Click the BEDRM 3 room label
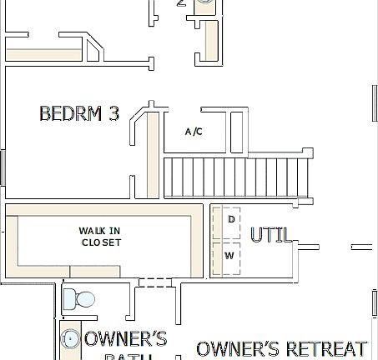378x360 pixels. click(78, 114)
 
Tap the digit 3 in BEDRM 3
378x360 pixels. click(112, 114)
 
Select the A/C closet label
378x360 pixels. click(194, 132)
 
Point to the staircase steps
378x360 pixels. click(237, 176)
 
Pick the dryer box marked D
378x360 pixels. click(230, 220)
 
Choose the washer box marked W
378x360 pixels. click(229, 255)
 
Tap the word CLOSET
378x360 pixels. click(101, 242)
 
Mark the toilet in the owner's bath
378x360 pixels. click(81, 298)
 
